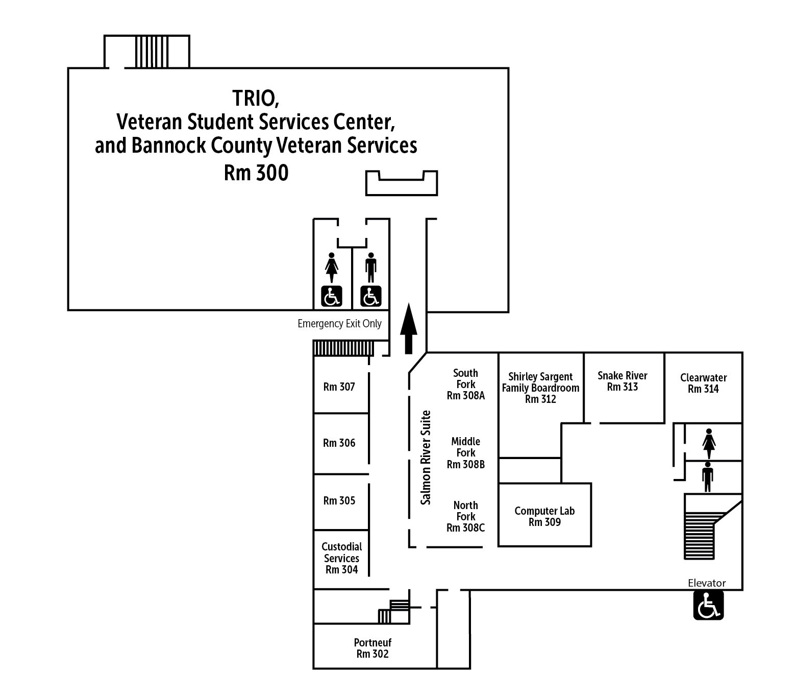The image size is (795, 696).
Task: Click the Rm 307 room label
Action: [x=339, y=387]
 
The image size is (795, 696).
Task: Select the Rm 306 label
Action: [x=339, y=443]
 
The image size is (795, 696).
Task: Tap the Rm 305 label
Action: [x=339, y=501]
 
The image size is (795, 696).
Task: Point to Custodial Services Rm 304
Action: [x=341, y=558]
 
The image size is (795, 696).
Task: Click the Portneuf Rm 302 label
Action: [x=372, y=649]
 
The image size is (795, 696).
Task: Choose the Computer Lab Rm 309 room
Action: [x=544, y=516]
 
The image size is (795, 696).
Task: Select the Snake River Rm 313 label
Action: [x=623, y=381]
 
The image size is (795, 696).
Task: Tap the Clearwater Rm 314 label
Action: [x=703, y=383]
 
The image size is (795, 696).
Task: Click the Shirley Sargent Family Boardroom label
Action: [x=540, y=388]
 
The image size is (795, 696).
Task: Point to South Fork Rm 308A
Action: [x=465, y=385]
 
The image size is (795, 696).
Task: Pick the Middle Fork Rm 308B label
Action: [x=465, y=453]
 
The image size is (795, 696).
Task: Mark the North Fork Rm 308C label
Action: [x=465, y=517]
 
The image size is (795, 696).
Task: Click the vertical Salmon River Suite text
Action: [x=426, y=458]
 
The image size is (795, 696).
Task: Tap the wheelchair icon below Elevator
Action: [x=708, y=606]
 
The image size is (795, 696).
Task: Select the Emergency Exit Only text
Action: [x=339, y=324]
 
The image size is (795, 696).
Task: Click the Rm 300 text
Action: [x=256, y=173]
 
